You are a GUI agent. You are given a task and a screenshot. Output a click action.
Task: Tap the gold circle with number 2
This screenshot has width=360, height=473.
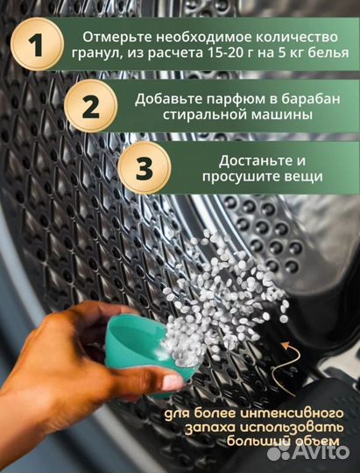click(x=90, y=106)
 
